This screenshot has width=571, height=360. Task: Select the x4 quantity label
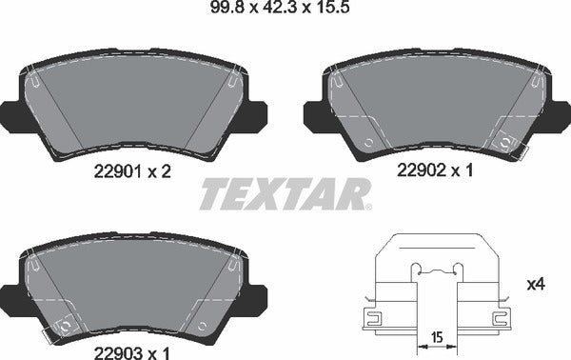click(536, 284)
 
